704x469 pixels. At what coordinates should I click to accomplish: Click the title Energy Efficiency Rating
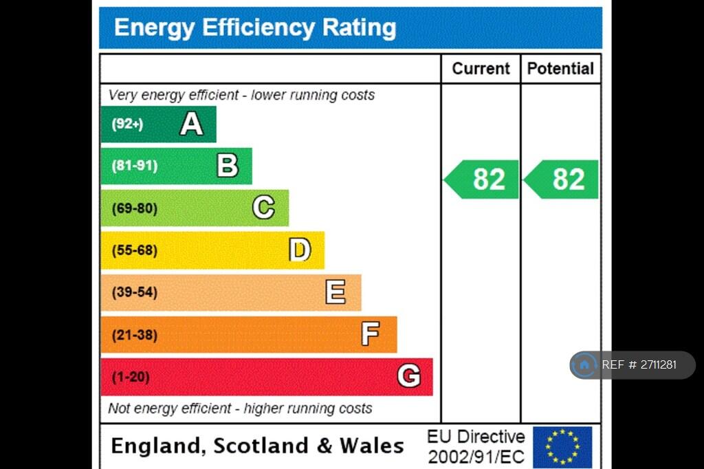(254, 28)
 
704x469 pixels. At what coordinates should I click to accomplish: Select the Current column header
(481, 69)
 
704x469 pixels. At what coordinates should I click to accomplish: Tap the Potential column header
(560, 69)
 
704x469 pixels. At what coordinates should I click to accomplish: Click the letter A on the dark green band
(192, 124)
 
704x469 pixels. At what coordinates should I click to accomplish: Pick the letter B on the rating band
(228, 166)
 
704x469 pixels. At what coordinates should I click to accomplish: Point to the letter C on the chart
(263, 208)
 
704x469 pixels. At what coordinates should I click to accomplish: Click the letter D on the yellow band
(299, 250)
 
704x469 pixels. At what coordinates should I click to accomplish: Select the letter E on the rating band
(335, 292)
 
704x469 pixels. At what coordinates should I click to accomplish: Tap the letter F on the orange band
(371, 335)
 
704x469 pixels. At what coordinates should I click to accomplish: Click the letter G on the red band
(408, 377)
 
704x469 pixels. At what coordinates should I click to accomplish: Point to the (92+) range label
(127, 124)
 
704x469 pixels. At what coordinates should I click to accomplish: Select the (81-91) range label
(134, 166)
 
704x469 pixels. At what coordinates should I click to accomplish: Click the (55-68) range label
(134, 250)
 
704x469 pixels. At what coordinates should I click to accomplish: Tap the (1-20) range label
(131, 377)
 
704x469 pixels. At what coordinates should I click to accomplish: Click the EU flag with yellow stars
(562, 447)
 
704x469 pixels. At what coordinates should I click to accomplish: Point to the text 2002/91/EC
(476, 457)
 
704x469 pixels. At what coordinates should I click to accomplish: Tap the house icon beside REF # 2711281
(585, 365)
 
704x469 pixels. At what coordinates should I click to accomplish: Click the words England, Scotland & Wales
(257, 446)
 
